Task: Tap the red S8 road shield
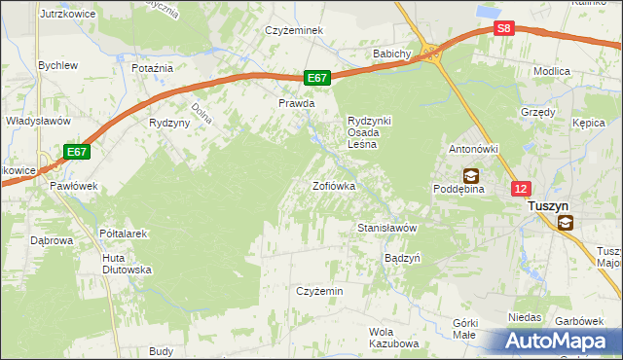(x=502, y=28)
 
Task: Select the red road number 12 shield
(x=523, y=190)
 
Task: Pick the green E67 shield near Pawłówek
(x=78, y=152)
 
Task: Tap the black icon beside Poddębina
(x=471, y=175)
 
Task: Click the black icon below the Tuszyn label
(x=566, y=223)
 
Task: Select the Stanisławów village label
(x=387, y=228)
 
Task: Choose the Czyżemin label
(x=319, y=291)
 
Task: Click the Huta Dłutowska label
(x=127, y=264)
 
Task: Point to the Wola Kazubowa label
(x=393, y=338)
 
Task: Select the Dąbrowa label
(x=53, y=238)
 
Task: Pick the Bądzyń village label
(x=402, y=259)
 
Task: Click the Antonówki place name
(x=473, y=149)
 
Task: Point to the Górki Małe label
(x=464, y=328)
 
